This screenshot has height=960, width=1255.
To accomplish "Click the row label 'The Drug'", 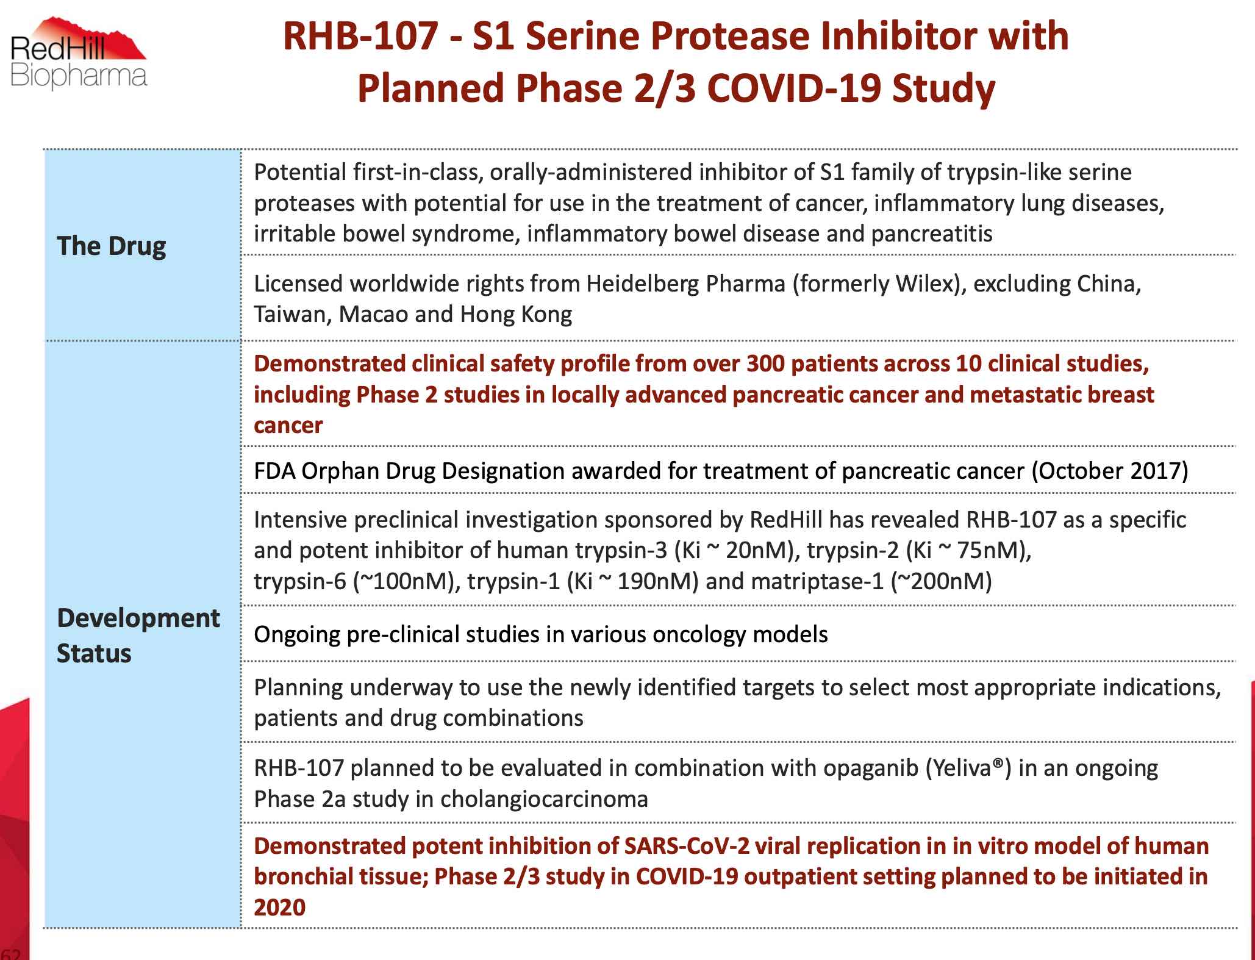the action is click(111, 246).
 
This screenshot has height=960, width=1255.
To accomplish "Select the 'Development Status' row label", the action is click(138, 636).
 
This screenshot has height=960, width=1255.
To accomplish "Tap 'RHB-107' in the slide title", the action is click(360, 37).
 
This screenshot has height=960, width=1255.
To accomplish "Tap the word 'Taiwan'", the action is click(292, 315).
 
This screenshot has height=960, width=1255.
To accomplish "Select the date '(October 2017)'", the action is click(1110, 471).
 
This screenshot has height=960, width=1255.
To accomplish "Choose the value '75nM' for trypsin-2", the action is click(990, 551).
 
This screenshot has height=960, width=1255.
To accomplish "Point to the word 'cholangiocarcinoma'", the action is click(544, 800).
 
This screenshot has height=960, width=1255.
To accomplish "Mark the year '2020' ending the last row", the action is click(279, 908).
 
